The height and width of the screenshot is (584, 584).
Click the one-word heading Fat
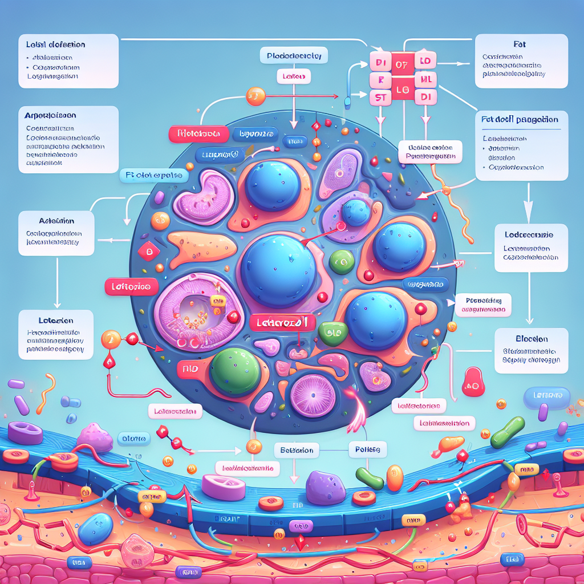521,43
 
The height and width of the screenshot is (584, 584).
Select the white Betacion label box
297,451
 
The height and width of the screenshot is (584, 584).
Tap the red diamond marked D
148,252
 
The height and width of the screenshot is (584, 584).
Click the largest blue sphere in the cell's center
277,268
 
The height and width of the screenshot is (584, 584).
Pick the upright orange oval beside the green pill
395,478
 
